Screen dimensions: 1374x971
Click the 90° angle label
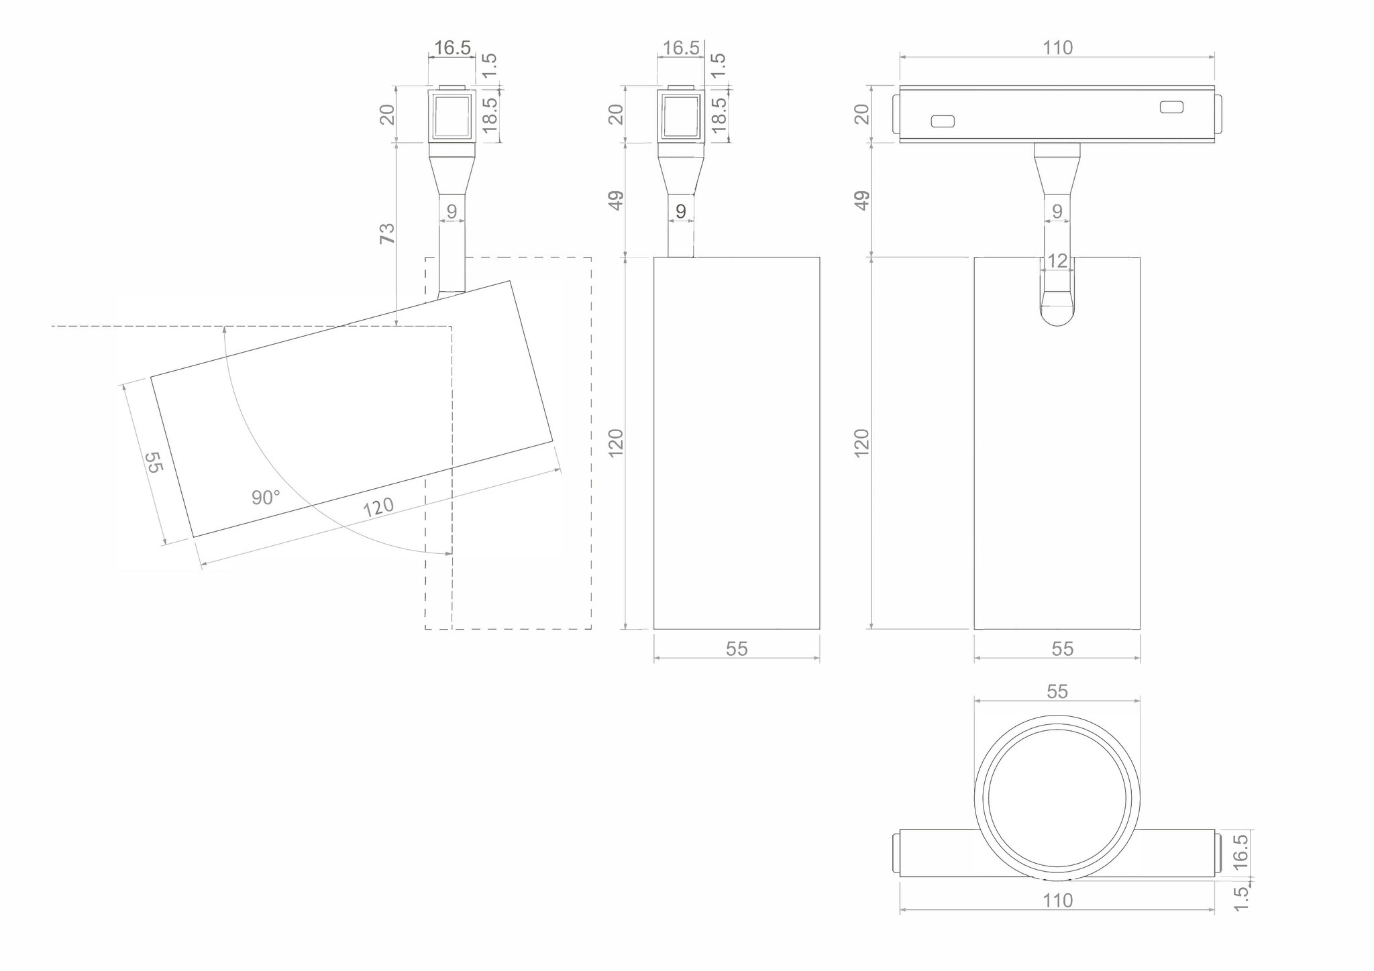click(266, 498)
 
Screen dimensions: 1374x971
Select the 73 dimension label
click(388, 233)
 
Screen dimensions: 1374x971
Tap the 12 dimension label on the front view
click(1057, 261)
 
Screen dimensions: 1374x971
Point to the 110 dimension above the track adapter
click(1057, 48)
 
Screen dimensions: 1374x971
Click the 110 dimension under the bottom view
click(1057, 901)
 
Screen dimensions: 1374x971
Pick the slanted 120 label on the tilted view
click(378, 508)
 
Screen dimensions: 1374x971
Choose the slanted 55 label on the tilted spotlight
click(154, 462)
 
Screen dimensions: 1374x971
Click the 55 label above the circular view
click(1057, 691)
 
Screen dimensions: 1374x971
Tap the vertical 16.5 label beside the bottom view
click(1240, 852)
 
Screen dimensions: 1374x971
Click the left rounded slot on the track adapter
click(943, 121)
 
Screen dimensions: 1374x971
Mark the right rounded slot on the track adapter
click(1171, 107)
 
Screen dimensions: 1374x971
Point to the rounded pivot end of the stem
click(1057, 315)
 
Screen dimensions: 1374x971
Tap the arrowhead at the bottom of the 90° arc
click(448, 553)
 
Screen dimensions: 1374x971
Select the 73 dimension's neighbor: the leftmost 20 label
click(388, 115)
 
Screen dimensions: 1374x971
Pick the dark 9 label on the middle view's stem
click(681, 212)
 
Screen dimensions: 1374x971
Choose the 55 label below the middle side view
click(737, 649)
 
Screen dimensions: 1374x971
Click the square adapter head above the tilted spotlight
click(452, 115)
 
